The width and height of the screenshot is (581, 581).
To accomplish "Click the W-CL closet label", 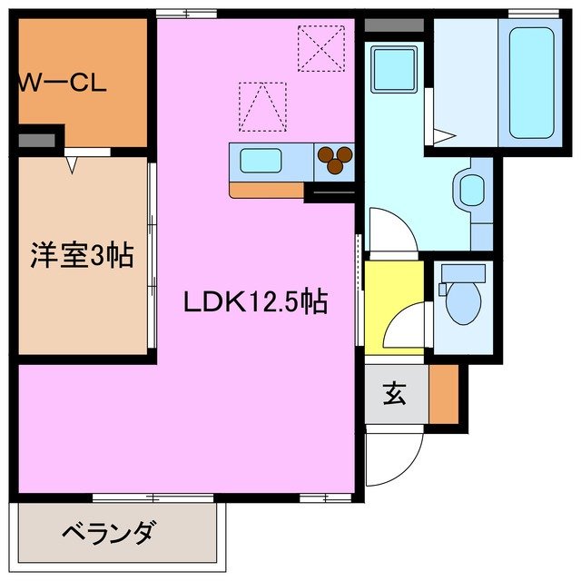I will pos(62,84).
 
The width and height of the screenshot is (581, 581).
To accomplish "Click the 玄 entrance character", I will pos(394,395).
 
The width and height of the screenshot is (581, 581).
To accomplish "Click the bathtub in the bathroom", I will pos(531,82).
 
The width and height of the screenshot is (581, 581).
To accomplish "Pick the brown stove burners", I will pos(336,161).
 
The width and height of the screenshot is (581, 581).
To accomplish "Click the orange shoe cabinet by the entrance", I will pos(444,394).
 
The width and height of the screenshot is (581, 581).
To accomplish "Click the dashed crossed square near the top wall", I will pos(321,47).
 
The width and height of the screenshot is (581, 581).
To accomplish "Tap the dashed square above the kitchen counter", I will pos(262,106).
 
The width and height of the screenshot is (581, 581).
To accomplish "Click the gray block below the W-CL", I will pos(36,142).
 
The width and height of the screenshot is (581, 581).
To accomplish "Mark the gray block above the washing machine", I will pos(393,25).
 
